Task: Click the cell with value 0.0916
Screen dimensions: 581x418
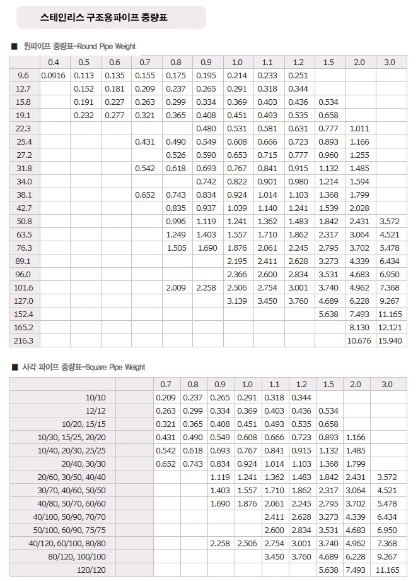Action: (54, 76)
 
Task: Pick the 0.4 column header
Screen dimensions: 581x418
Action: (54, 62)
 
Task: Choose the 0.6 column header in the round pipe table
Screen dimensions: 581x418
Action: (115, 62)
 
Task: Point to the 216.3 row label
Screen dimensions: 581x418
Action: (24, 340)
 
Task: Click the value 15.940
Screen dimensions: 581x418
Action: (390, 340)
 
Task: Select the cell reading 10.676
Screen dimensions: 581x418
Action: (359, 340)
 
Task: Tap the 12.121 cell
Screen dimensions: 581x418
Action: (390, 327)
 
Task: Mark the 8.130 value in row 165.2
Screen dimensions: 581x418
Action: (359, 327)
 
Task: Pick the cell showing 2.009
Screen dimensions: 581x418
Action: (176, 287)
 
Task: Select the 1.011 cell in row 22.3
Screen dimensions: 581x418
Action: (359, 129)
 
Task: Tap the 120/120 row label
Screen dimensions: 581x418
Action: (92, 570)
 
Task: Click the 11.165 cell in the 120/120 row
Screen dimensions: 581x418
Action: (387, 570)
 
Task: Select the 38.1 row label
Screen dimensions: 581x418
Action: (24, 195)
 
